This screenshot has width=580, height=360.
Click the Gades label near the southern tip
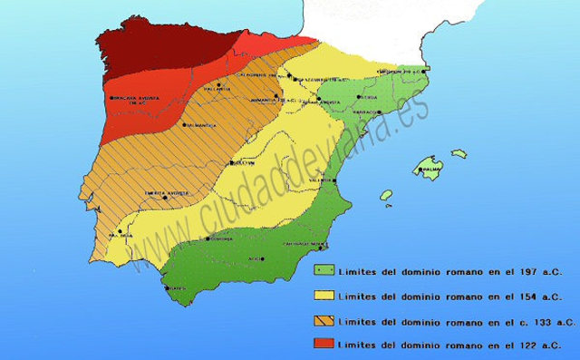(178, 288)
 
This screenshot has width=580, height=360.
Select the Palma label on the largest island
(431, 169)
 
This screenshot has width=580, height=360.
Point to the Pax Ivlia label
(121, 236)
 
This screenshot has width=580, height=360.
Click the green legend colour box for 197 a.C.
(322, 270)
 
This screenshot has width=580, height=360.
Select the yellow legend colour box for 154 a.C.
(322, 295)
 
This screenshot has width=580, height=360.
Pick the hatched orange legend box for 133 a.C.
(322, 319)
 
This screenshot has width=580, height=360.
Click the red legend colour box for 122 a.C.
(322, 344)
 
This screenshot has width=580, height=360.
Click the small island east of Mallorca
(459, 154)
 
